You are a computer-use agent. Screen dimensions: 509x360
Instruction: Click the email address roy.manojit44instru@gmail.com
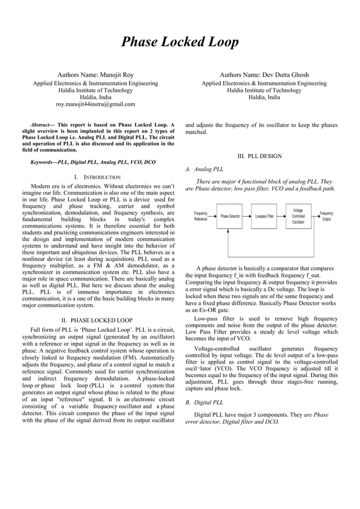95,104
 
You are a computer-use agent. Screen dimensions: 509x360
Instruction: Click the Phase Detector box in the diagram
230,216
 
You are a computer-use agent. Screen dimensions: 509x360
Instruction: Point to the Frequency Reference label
200,216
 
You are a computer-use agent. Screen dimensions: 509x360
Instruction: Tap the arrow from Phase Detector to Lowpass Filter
247,216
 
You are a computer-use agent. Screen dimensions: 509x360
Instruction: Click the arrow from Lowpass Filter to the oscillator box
282,216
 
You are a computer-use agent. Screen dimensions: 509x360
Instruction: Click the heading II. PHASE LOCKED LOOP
96,321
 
